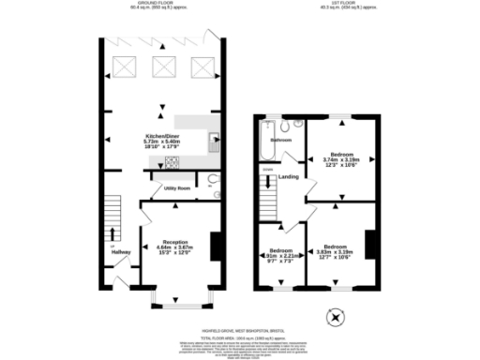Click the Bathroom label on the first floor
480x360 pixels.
281,140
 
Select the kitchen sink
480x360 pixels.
215,142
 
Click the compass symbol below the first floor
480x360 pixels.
335,319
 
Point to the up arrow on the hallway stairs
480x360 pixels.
112,233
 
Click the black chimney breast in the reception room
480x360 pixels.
216,246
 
